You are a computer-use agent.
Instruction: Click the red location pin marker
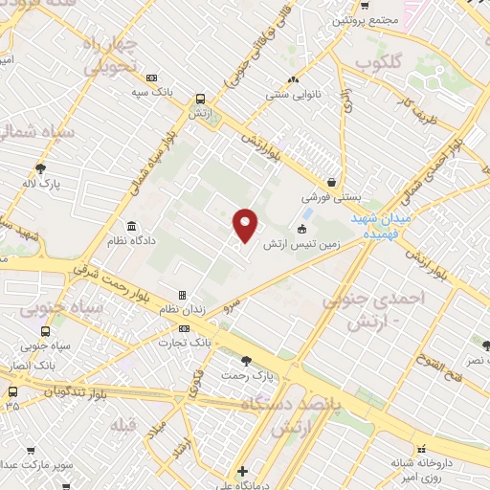point(246,225)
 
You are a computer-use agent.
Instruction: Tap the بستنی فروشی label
point(332,197)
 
